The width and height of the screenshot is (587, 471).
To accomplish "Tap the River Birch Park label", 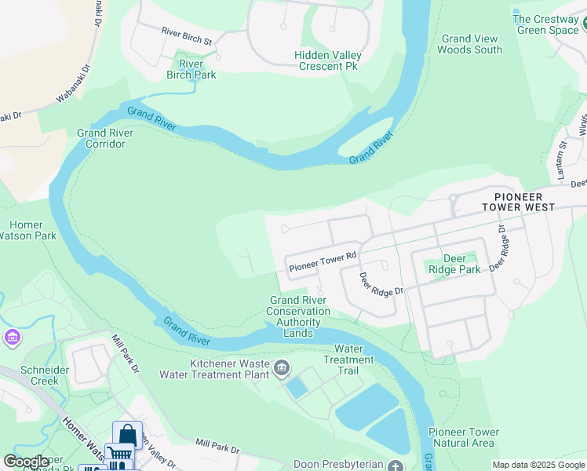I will click(x=191, y=69).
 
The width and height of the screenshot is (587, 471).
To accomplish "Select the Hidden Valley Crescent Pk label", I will click(x=330, y=60).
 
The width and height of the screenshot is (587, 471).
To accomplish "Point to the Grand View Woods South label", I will click(x=469, y=44).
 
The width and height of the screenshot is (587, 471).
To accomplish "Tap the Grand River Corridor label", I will click(x=106, y=138).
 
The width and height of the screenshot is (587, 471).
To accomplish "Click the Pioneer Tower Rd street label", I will click(x=323, y=261).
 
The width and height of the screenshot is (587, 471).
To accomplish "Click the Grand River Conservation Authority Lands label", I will click(x=298, y=316).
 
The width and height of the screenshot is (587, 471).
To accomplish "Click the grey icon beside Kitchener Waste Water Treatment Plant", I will click(x=282, y=367).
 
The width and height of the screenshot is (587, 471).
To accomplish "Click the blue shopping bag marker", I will click(x=126, y=434).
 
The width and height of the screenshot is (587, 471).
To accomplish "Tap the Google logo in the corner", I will click(x=26, y=462).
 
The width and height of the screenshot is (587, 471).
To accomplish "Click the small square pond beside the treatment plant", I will click(x=297, y=387).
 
